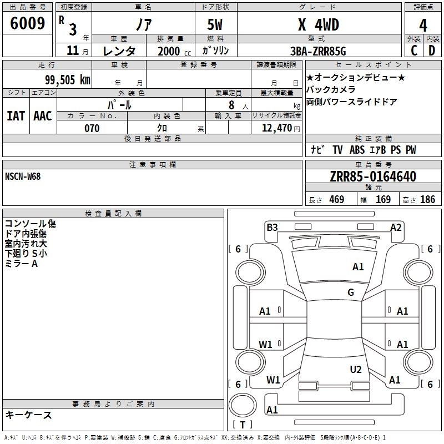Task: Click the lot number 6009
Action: pos(27,24)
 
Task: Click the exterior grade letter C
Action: pos(413,51)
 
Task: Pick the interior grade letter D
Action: pos(432,51)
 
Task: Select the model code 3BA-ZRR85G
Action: pos(318,51)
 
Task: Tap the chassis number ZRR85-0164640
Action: pos(372,176)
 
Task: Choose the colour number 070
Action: pos(92,128)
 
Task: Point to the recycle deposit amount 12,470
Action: pos(276,128)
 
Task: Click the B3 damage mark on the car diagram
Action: pos(272,227)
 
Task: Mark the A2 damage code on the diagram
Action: pos(396,227)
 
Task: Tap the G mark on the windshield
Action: pos(351,292)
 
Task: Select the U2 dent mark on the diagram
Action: pos(356,370)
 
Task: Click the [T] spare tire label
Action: pos(242,425)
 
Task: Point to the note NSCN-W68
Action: pos(23,176)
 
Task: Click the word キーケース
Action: pos(28,415)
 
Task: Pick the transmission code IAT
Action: pos(15,115)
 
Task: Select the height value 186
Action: pos(427,200)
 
